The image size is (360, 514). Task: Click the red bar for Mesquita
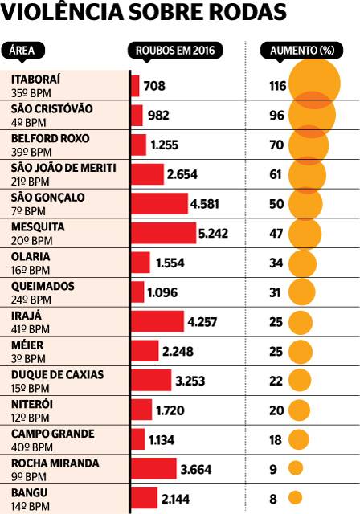click(x=164, y=234)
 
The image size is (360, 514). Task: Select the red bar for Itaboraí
click(x=136, y=86)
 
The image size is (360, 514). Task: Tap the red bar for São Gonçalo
click(x=160, y=203)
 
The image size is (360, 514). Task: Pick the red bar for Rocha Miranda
click(x=154, y=469)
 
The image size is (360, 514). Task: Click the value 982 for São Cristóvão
click(x=158, y=116)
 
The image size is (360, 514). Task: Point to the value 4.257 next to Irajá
click(x=202, y=322)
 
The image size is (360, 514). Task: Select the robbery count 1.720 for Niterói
click(x=170, y=410)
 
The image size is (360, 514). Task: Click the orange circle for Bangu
click(x=295, y=498)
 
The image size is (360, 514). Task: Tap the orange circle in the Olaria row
click(x=302, y=263)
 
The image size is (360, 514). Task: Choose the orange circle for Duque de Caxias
click(x=300, y=380)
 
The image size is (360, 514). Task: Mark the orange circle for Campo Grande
click(x=299, y=439)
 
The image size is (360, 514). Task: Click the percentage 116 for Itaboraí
click(x=278, y=86)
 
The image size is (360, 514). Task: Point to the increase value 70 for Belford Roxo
click(x=276, y=145)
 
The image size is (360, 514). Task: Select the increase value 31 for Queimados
click(x=275, y=292)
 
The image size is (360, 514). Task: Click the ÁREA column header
click(x=22, y=51)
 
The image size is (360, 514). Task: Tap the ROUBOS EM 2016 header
click(x=175, y=51)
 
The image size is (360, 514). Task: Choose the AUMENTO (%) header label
click(x=302, y=51)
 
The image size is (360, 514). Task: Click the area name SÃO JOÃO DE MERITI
click(x=63, y=168)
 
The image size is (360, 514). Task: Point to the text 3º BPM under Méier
click(x=28, y=359)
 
